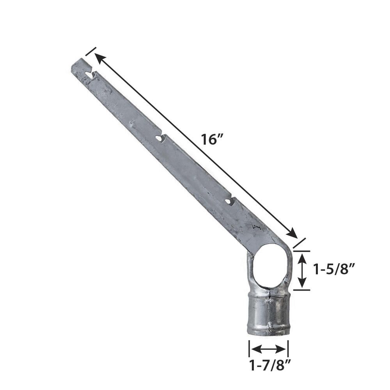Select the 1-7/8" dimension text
270,365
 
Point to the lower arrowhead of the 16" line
291,233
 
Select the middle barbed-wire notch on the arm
160,138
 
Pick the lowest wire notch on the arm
230,201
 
